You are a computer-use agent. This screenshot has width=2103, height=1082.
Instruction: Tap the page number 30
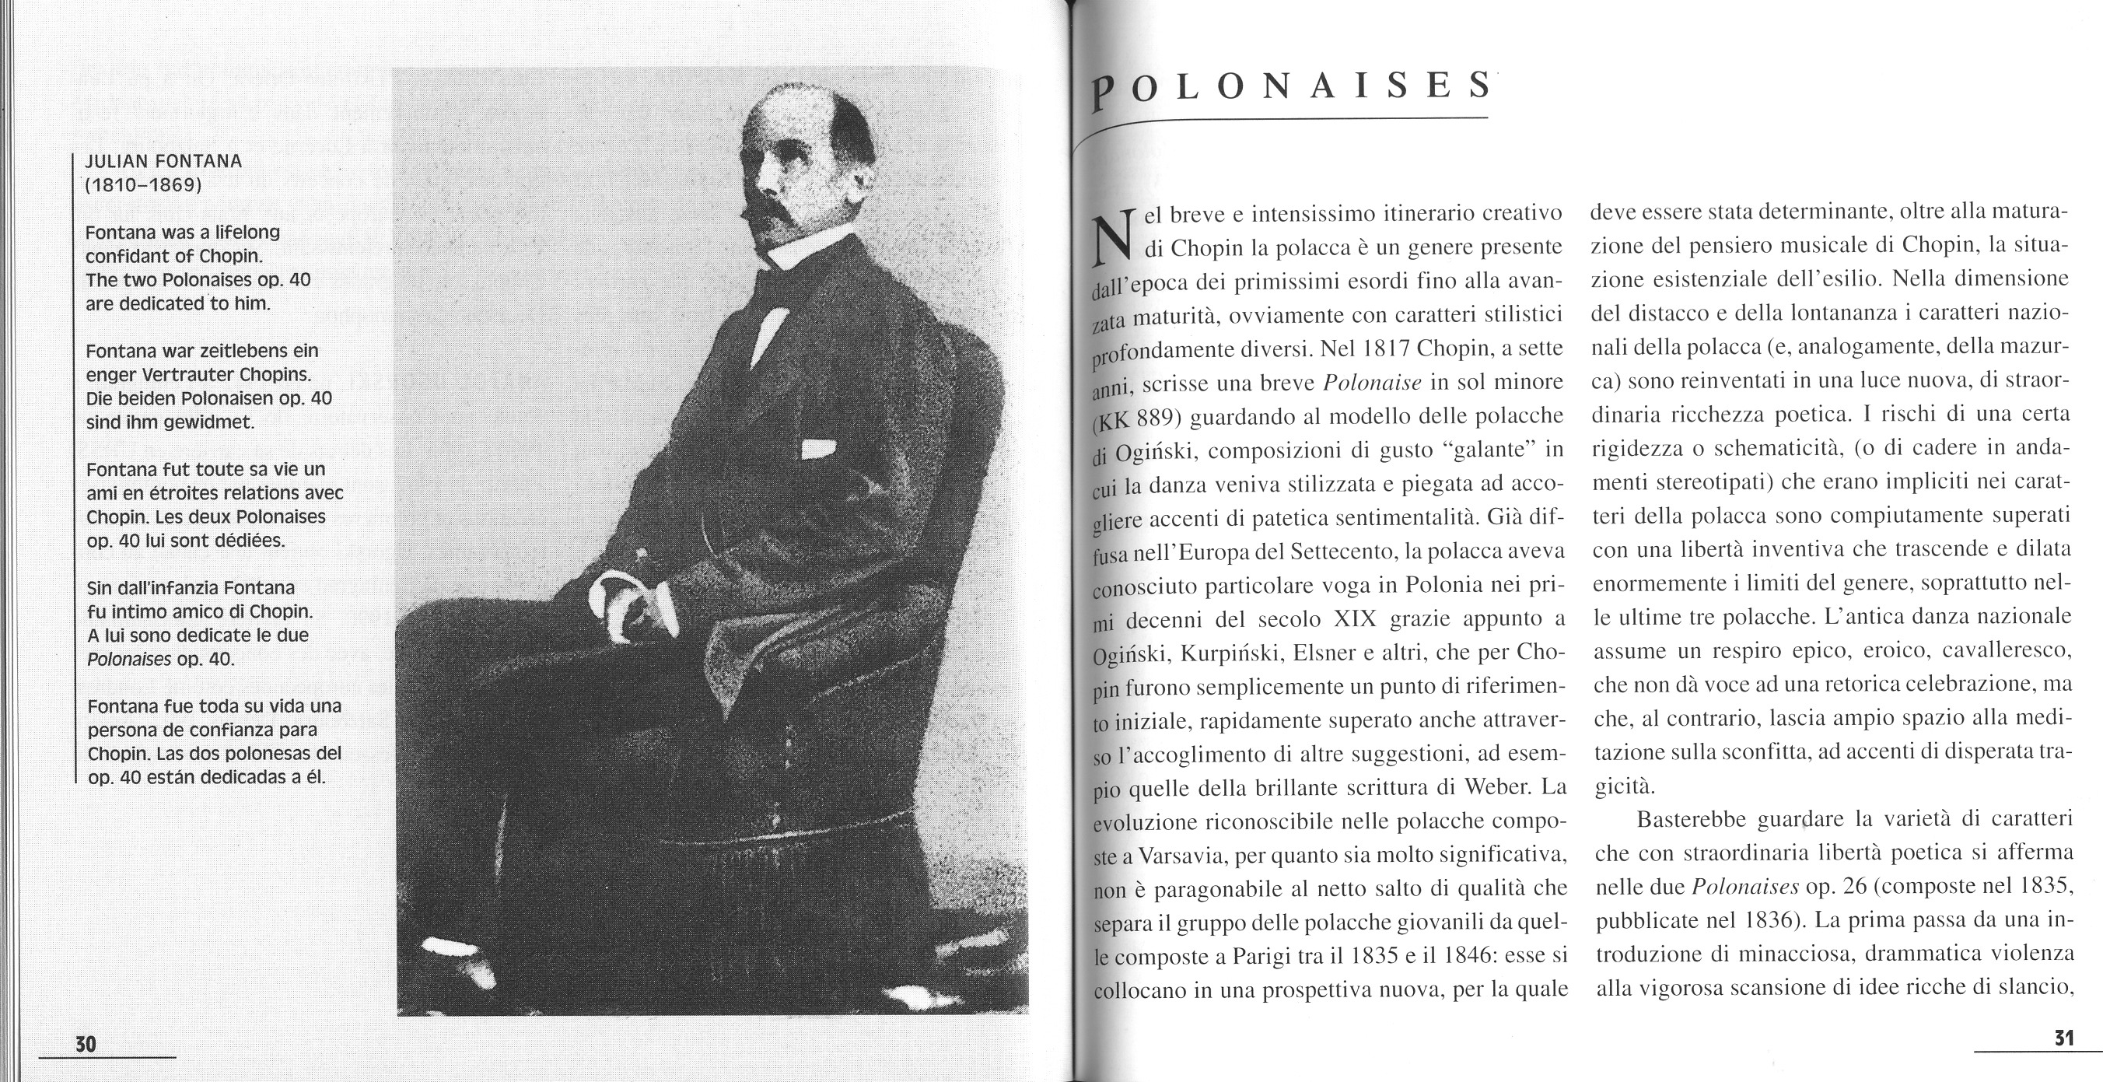86,1044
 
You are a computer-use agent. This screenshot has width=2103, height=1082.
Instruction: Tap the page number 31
2063,1038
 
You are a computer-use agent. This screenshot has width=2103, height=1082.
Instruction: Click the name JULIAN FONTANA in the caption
164,161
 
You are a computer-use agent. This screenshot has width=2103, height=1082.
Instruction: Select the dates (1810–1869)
144,184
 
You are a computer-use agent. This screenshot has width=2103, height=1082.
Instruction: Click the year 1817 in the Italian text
1385,348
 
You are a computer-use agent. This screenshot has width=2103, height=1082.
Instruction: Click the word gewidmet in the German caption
205,423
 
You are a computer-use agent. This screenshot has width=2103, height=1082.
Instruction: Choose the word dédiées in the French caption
250,541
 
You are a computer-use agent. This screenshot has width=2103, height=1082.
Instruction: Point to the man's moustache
772,215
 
